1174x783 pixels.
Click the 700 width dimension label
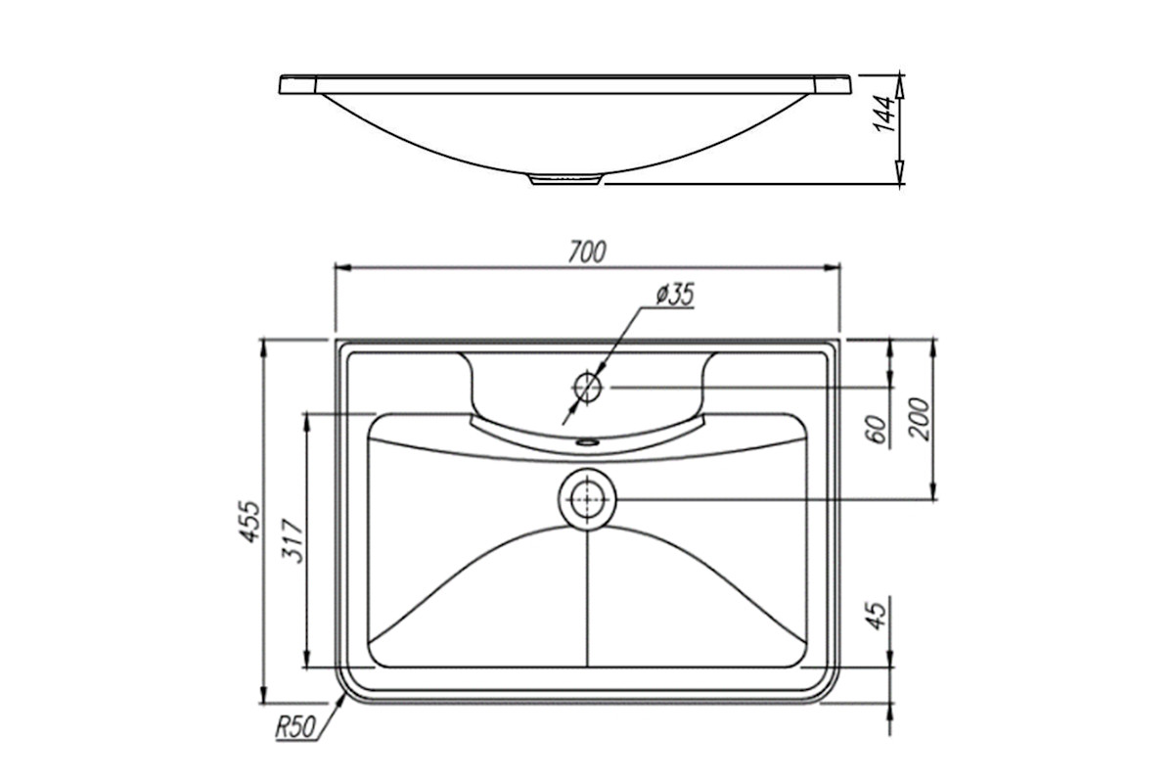[x=587, y=253]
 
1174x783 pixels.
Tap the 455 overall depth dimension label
[x=249, y=522]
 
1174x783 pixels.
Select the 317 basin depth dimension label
[x=293, y=540]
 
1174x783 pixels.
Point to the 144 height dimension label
[x=885, y=114]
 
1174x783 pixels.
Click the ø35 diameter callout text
[x=674, y=295]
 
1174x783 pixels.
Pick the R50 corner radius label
[x=295, y=727]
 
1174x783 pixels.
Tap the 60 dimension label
[x=879, y=430]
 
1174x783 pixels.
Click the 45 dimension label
[x=878, y=615]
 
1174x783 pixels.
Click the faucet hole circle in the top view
[x=587, y=388]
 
